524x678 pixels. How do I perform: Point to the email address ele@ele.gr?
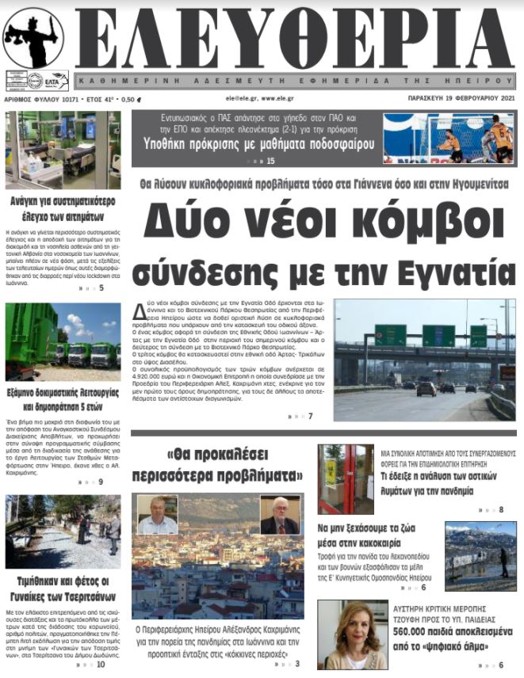[242, 99]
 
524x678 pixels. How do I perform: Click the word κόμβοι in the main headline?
[424, 220]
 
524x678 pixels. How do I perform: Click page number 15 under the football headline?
[270, 161]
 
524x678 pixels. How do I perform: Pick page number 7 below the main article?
[311, 416]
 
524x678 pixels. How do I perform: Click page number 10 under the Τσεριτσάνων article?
[100, 664]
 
